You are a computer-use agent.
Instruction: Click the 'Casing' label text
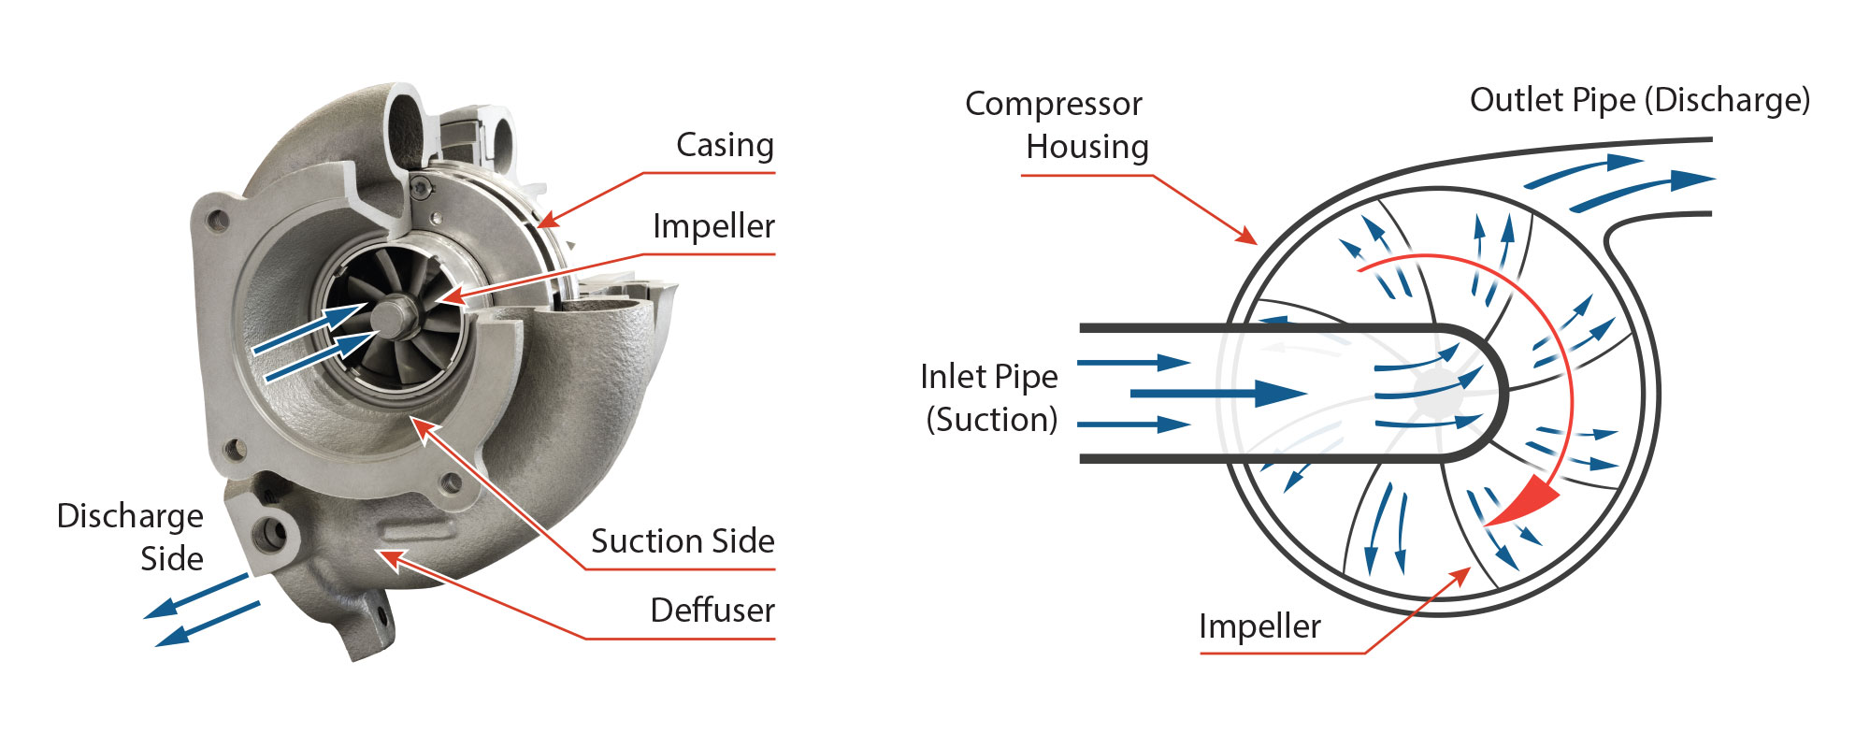(x=725, y=145)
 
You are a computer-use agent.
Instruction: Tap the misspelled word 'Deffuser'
(x=712, y=611)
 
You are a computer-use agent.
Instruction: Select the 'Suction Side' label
(x=683, y=541)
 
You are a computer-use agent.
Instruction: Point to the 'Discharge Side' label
(x=131, y=537)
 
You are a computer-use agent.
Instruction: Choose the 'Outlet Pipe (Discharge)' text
(x=1639, y=100)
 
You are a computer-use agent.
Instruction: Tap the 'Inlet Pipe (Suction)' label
(x=989, y=397)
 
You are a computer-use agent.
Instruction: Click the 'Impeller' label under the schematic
(x=1259, y=626)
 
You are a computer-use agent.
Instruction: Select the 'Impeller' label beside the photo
(x=713, y=226)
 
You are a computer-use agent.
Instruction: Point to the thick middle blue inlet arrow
(x=1215, y=393)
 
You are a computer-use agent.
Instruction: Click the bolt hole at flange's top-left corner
(x=217, y=221)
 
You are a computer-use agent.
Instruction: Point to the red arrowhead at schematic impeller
(x=1460, y=573)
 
